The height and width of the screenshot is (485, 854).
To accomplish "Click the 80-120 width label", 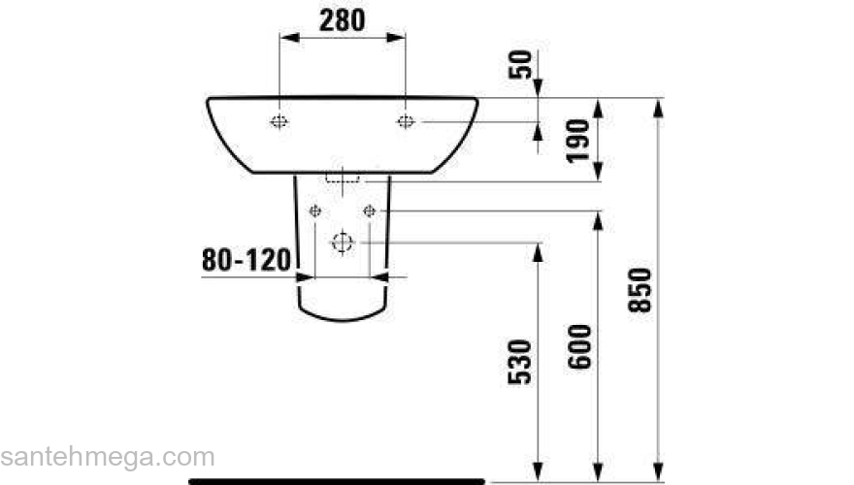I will pyautogui.click(x=246, y=260).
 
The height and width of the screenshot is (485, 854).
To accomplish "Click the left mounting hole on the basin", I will pyautogui.click(x=279, y=121).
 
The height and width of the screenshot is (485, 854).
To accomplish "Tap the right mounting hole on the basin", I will pyautogui.click(x=406, y=121).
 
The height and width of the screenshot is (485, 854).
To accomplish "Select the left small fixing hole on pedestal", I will pyautogui.click(x=313, y=210).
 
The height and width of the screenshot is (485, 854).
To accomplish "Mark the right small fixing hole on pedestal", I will pyautogui.click(x=369, y=210).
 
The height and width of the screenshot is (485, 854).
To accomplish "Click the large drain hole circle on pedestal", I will pyautogui.click(x=342, y=242).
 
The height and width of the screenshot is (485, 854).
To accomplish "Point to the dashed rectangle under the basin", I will pyautogui.click(x=343, y=178).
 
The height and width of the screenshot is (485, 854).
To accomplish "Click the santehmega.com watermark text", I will pyautogui.click(x=107, y=457).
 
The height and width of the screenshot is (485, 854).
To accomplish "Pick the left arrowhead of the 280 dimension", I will pyautogui.click(x=286, y=38).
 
